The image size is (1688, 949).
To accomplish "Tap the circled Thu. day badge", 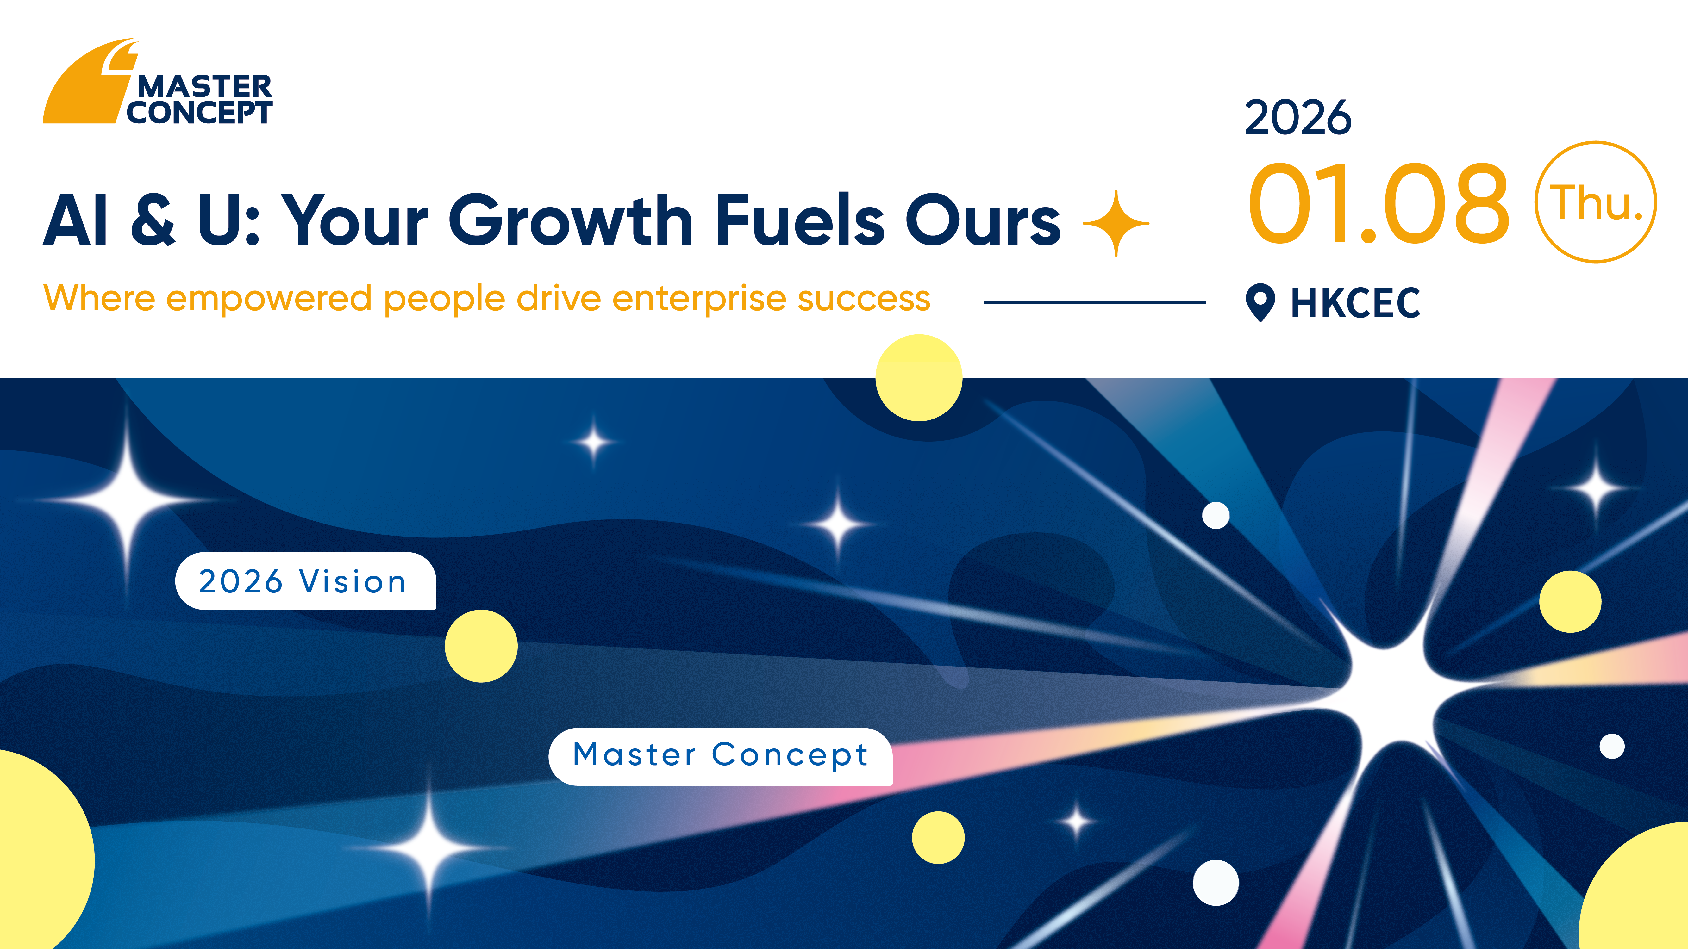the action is coord(1596,202).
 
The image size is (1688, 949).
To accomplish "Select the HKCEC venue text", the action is coord(1355,303).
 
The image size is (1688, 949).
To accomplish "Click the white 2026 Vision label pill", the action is coord(305,581).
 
